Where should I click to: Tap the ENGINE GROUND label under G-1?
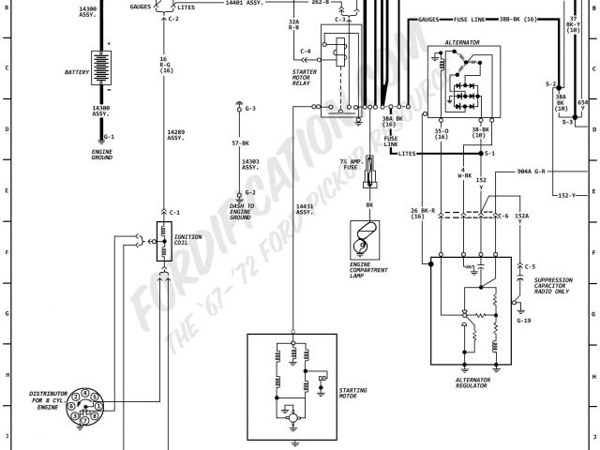[101, 154]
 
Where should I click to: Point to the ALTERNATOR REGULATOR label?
[472, 383]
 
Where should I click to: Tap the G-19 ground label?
[524, 321]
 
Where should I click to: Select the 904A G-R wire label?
[537, 172]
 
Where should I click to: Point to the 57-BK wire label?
[240, 143]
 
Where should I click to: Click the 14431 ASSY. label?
[304, 210]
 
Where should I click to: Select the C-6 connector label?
[503, 217]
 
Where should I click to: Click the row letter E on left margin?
[6, 190]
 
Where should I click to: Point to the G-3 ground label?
[250, 109]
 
